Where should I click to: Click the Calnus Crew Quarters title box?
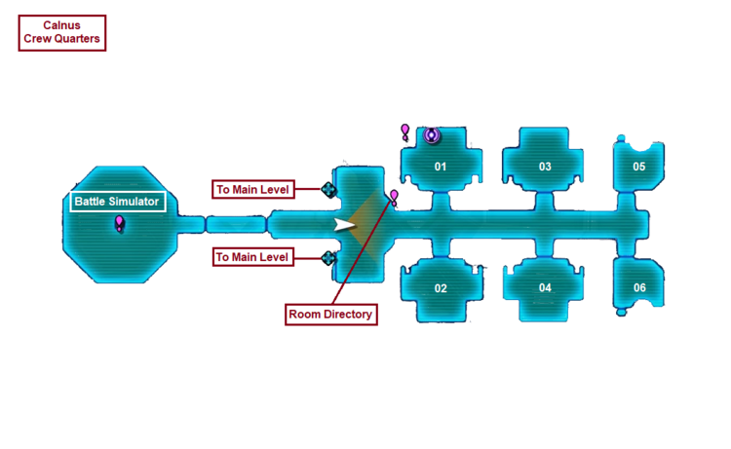click(60, 33)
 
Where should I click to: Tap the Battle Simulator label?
click(116, 203)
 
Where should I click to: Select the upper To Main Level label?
click(252, 189)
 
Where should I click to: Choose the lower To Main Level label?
click(252, 257)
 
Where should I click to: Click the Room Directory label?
click(330, 315)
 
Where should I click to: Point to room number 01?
click(441, 167)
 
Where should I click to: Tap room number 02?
click(441, 288)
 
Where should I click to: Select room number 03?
click(545, 167)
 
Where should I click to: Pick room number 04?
click(545, 288)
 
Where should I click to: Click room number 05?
click(639, 167)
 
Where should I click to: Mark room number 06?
click(639, 288)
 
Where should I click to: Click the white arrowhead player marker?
click(344, 225)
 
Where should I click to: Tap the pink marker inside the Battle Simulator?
click(120, 224)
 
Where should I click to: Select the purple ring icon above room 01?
click(432, 135)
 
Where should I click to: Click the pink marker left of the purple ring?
click(405, 130)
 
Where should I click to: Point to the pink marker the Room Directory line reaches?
click(394, 198)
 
